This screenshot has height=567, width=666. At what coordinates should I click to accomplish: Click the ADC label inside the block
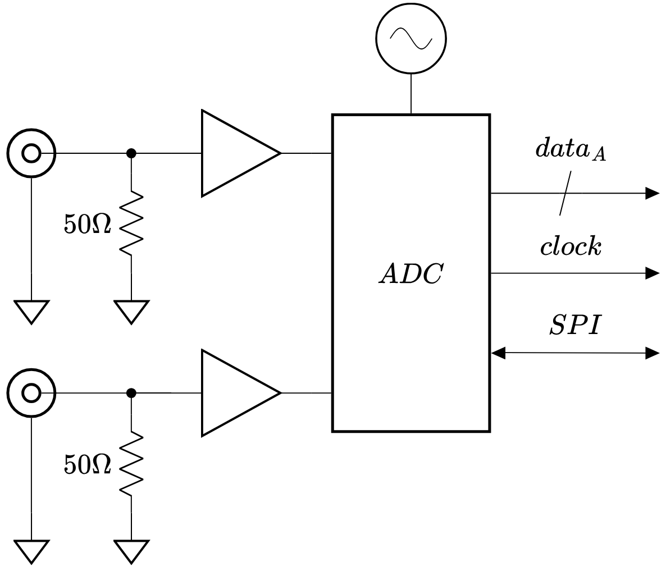(x=410, y=273)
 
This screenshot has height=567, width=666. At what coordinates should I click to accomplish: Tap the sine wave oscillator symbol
(x=410, y=39)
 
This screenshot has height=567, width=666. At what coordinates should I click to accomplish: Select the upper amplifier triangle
(x=241, y=153)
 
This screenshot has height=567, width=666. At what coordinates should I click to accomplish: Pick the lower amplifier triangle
(x=241, y=393)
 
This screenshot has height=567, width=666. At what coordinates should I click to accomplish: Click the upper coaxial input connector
(x=31, y=153)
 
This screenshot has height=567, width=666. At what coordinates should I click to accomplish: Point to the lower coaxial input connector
(x=31, y=393)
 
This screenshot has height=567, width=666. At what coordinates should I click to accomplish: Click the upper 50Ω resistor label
(x=88, y=224)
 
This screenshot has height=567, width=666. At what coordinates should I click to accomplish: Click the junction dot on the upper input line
(x=131, y=153)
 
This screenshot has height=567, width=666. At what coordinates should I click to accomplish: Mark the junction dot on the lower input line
(x=131, y=393)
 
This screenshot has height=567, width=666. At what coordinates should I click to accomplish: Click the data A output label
(x=571, y=149)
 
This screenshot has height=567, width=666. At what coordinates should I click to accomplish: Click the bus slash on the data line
(x=565, y=193)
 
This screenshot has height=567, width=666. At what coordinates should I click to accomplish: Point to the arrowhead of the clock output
(x=653, y=273)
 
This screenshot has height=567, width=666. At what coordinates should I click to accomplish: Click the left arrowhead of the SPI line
(x=498, y=353)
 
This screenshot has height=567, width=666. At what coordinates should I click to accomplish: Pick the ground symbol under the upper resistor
(x=131, y=312)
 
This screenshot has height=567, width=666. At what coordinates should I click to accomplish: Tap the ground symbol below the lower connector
(x=31, y=552)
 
